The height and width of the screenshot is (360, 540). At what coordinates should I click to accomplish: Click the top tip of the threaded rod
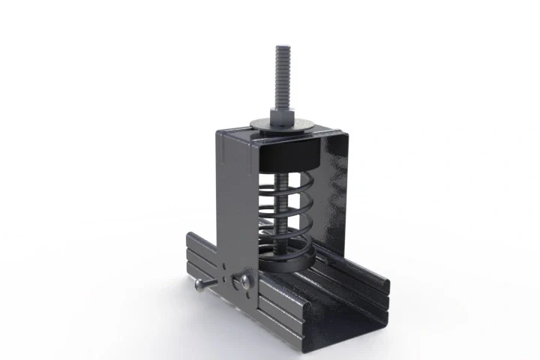[284, 46]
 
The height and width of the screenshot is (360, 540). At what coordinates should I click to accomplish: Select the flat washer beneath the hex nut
[283, 127]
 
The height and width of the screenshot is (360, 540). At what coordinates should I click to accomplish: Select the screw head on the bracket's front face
[245, 281]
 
